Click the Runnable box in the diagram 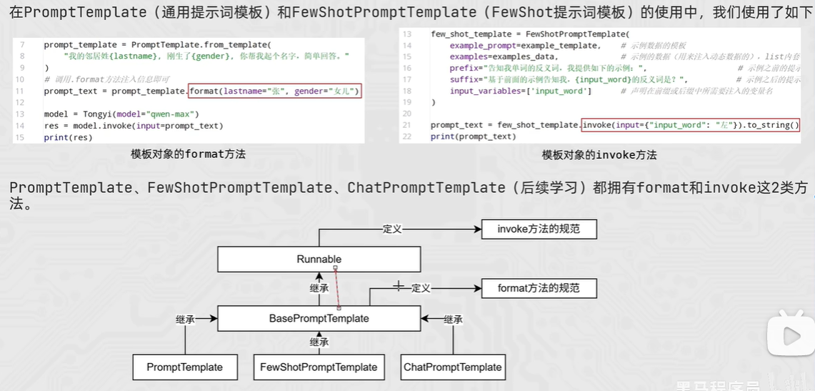[x=319, y=259]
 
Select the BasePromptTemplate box [x=319, y=318]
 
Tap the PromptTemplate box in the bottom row [x=184, y=367]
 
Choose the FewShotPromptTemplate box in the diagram [x=319, y=367]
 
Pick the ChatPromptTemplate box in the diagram [x=453, y=367]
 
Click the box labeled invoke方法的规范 [x=539, y=229]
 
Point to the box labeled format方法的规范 [x=539, y=289]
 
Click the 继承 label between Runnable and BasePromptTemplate [x=319, y=288]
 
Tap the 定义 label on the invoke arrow [x=392, y=229]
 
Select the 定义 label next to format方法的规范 [x=421, y=288]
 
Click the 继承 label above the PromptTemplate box [x=185, y=320]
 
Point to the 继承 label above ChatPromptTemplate [x=453, y=320]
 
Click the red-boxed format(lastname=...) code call [x=275, y=91]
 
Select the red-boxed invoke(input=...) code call [x=689, y=125]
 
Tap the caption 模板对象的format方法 [x=188, y=154]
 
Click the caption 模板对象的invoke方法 [x=599, y=154]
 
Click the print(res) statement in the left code [x=68, y=137]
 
